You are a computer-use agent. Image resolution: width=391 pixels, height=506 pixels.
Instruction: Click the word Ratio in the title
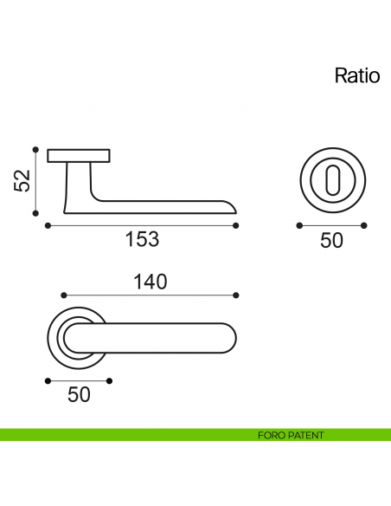[357, 76]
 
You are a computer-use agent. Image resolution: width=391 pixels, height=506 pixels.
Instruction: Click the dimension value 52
[22, 180]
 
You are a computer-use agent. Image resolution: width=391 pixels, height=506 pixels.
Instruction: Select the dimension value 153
[142, 240]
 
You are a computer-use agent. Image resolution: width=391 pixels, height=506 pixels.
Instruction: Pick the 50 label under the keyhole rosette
[331, 240]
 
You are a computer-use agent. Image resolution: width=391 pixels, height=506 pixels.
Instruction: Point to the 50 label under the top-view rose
[79, 395]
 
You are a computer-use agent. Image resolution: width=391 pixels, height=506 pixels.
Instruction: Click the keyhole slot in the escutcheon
[331, 179]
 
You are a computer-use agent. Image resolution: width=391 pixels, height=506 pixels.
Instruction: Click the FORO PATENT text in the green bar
[291, 435]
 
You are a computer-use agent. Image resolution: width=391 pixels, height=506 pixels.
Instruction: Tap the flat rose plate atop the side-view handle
[79, 156]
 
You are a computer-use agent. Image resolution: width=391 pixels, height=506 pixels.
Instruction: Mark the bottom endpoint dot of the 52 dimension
[35, 211]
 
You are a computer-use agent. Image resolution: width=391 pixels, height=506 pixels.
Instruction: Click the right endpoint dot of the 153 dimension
[236, 225]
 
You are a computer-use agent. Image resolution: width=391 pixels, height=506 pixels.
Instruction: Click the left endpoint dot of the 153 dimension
[47, 225]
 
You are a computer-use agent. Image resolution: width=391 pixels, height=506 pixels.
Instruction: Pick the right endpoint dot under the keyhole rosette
[363, 225]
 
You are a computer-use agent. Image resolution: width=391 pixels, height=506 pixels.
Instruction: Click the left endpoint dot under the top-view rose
[47, 379]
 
